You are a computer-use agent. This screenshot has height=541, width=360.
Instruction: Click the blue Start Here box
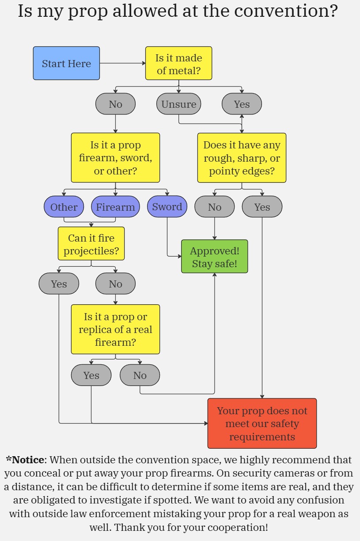coord(66,63)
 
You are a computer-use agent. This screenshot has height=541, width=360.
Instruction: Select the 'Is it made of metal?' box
coord(178,63)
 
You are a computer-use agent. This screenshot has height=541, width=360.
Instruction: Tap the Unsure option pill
coord(178,104)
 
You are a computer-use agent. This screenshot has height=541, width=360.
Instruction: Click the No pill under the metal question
coord(115,104)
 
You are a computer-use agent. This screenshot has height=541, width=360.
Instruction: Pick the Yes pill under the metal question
coord(242,104)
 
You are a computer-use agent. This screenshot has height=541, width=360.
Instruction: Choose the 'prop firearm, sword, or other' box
coord(115,158)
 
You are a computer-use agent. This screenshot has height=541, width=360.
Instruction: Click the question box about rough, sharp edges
coord(242,158)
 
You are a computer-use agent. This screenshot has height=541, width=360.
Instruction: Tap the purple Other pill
coord(64,207)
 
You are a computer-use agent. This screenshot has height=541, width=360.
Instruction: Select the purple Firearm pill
coord(115,207)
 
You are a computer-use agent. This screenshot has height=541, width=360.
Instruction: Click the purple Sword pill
coord(167,207)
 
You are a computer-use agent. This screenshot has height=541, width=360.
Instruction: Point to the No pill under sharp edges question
coord(215,207)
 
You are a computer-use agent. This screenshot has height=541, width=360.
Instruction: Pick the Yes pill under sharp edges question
coord(262,207)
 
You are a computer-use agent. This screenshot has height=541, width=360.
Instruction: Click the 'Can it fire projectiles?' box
coord(91,244)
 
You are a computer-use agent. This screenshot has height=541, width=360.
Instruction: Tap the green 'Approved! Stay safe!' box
coord(215,257)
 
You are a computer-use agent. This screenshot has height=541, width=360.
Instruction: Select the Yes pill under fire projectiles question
coord(59,284)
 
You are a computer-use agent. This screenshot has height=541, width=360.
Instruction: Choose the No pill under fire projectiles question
coord(115,284)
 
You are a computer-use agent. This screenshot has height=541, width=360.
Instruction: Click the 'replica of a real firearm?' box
coord(115,329)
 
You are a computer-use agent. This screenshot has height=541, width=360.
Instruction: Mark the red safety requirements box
coord(262,423)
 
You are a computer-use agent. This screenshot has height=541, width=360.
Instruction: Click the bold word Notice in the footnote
coord(28,460)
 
